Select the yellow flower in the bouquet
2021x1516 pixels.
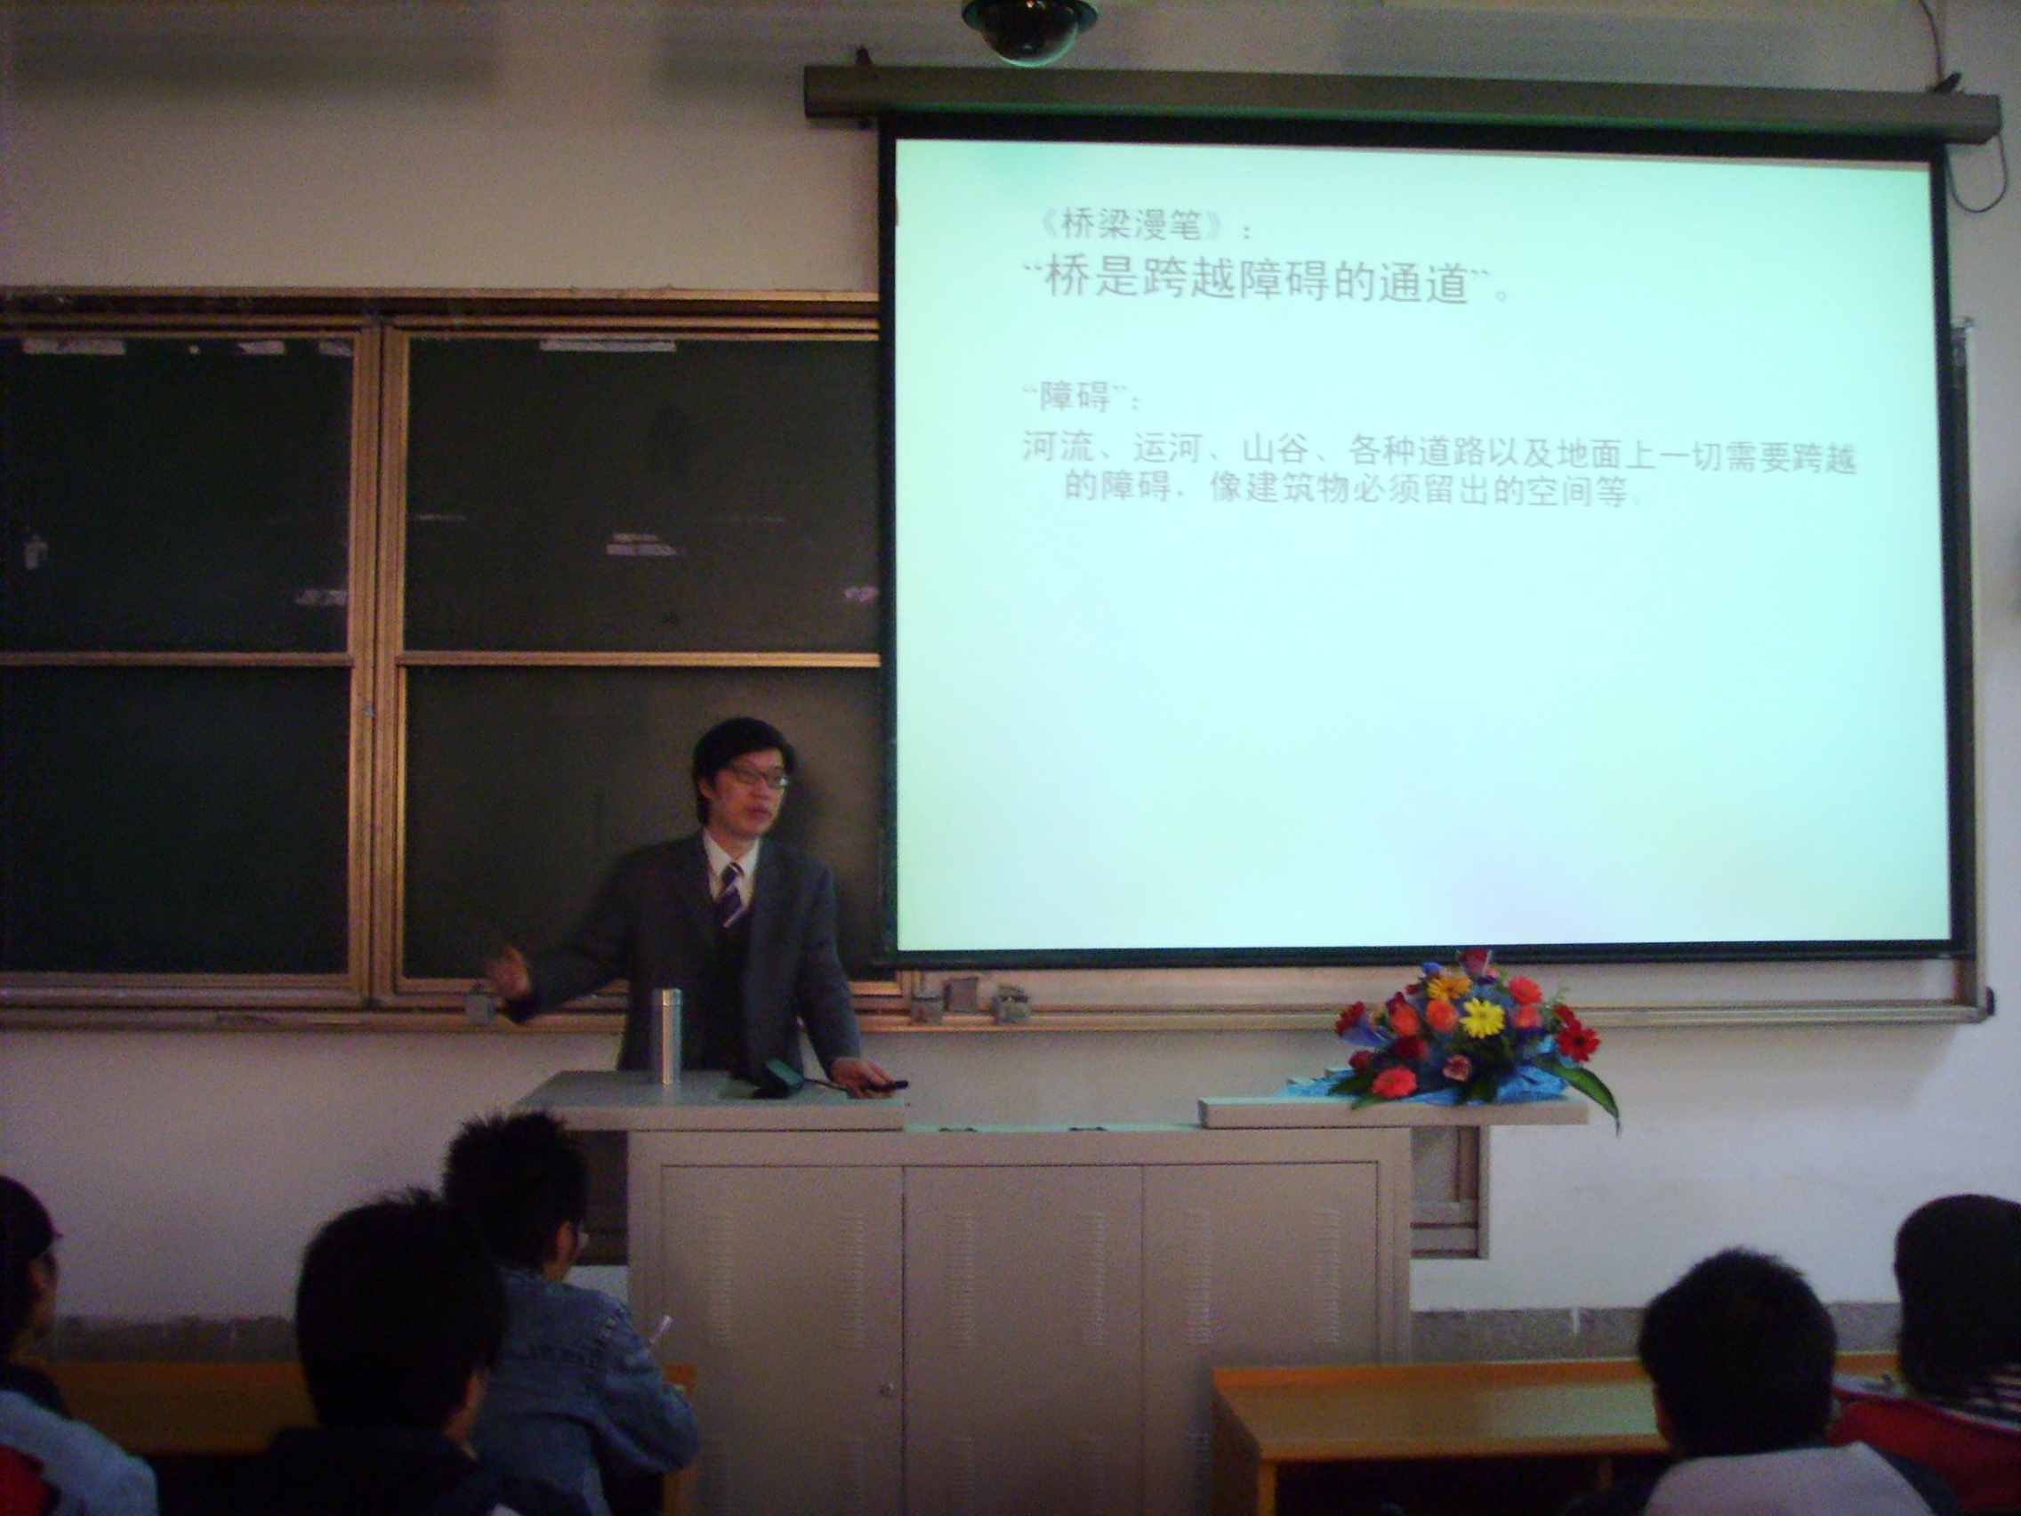tap(1482, 1016)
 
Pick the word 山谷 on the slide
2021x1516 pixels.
tap(1275, 454)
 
